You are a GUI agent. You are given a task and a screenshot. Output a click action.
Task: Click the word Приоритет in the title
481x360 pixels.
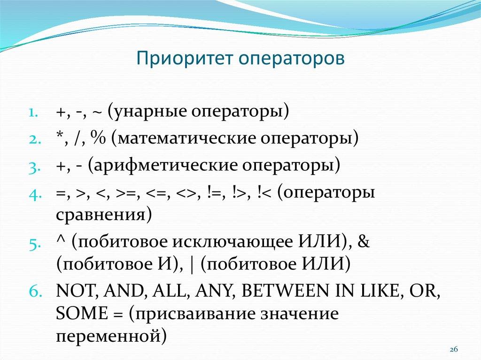[x=185, y=59]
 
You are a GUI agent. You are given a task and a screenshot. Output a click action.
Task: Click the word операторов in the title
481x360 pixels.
[x=291, y=59]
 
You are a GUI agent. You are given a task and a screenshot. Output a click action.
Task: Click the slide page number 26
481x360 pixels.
[x=454, y=350]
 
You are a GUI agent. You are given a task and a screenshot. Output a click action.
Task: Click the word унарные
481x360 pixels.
[x=147, y=113]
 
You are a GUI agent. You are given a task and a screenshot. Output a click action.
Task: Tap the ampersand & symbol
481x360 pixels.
[x=364, y=243]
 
